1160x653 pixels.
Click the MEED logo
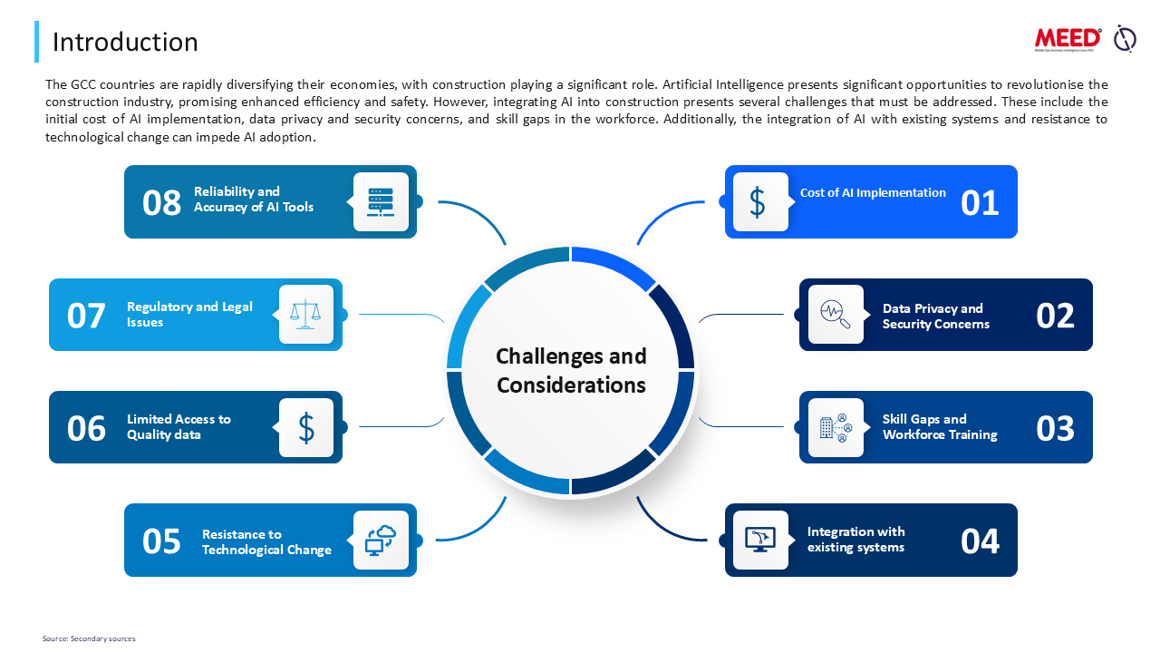[1068, 38]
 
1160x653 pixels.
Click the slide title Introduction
[125, 42]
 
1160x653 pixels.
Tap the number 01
[980, 202]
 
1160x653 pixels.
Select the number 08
[162, 202]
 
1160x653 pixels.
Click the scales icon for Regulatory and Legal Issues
[306, 315]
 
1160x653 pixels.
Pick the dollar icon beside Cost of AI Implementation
[759, 202]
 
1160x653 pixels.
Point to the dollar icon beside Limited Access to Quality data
[306, 427]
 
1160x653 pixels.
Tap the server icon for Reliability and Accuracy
[381, 202]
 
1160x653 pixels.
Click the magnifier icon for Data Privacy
[835, 315]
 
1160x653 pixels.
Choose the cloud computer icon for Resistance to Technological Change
[381, 540]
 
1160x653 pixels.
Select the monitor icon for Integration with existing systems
[759, 540]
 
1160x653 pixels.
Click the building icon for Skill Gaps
[835, 427]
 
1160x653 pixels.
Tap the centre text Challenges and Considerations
[571, 370]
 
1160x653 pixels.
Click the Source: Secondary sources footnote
[89, 638]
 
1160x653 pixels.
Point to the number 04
[980, 541]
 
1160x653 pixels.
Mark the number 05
[162, 541]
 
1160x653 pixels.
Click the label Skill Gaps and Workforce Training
[940, 427]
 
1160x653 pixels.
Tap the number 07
[86, 316]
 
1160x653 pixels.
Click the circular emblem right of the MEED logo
[1125, 38]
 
